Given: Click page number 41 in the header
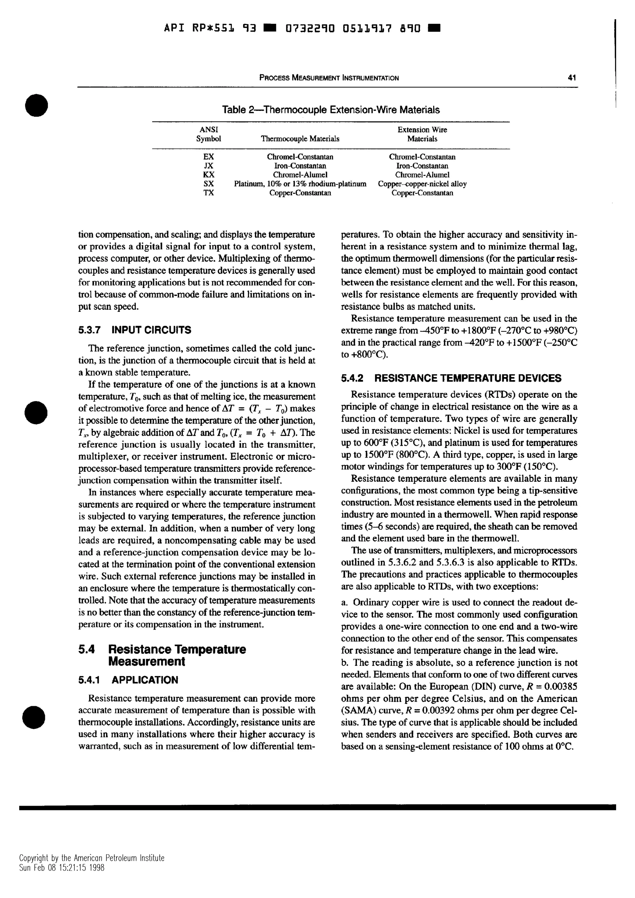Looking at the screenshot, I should pyautogui.click(x=572, y=78).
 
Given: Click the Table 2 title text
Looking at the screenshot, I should pyautogui.click(x=331, y=110).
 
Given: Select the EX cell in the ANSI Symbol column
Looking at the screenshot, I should pyautogui.click(x=209, y=157).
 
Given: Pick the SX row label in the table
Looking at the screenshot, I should pyautogui.click(x=209, y=184).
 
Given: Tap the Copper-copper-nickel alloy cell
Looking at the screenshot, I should pyautogui.click(x=422, y=184).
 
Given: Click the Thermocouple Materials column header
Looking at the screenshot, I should pyautogui.click(x=300, y=139).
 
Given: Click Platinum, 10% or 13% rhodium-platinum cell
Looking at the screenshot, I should pyautogui.click(x=300, y=184).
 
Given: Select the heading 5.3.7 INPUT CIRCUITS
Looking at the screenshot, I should pyautogui.click(x=135, y=330).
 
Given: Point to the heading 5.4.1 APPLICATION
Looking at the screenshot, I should pyautogui.click(x=128, y=680).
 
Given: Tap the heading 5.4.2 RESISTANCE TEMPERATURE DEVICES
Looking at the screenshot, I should pyautogui.click(x=451, y=378).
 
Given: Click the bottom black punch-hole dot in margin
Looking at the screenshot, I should pyautogui.click(x=34, y=717).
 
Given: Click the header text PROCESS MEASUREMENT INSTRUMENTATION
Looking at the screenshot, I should pyautogui.click(x=329, y=78).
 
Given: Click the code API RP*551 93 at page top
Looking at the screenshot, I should pyautogui.click(x=209, y=28).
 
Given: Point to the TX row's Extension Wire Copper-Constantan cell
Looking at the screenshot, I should pyautogui.click(x=422, y=193).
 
